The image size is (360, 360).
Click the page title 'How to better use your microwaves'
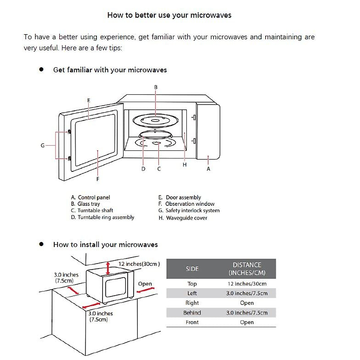point(169,15)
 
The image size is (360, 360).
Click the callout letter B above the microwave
point(156,87)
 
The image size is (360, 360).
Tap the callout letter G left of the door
point(43,145)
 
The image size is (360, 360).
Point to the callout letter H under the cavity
point(184,165)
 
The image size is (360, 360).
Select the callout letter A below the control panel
point(208,169)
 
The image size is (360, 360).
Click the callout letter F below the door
point(97,179)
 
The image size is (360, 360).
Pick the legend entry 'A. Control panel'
point(90,197)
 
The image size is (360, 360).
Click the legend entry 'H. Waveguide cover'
point(183,218)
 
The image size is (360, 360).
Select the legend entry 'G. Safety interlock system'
point(189,211)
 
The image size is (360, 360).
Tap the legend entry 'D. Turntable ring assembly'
point(102,217)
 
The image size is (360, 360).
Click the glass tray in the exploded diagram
point(155,121)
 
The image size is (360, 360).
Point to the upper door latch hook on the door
point(70,132)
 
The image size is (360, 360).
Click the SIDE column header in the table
point(192,269)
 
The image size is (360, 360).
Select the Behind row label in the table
point(192,313)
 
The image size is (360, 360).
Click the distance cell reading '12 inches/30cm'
point(247,284)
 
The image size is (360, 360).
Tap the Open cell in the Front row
point(247,322)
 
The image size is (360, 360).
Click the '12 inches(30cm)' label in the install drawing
point(139,264)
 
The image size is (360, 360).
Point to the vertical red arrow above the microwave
point(108,268)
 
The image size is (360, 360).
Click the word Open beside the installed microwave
point(145,284)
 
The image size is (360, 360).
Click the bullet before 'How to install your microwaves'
point(41,244)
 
